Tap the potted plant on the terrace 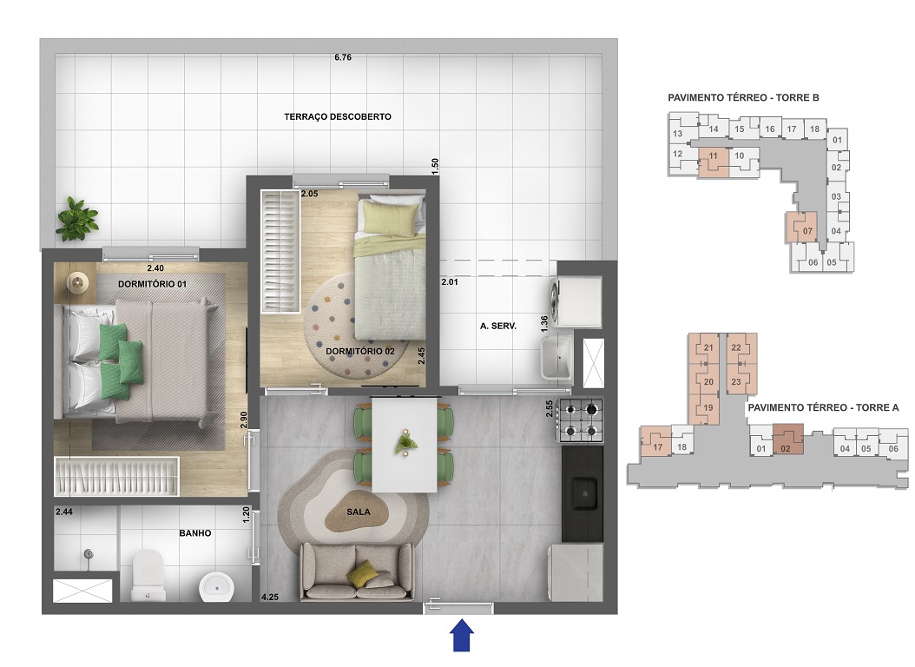coord(76,219)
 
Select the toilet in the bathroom coord(148,577)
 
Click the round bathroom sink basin coord(214,587)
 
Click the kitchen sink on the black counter coord(583,494)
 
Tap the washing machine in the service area coord(579,300)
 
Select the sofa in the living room coord(357,571)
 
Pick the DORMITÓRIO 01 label coord(153,284)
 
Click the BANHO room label coord(195,533)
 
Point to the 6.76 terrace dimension coord(343,58)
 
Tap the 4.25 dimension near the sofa coord(270,597)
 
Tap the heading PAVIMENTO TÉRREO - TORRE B coord(743,97)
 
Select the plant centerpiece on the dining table coord(405,444)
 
